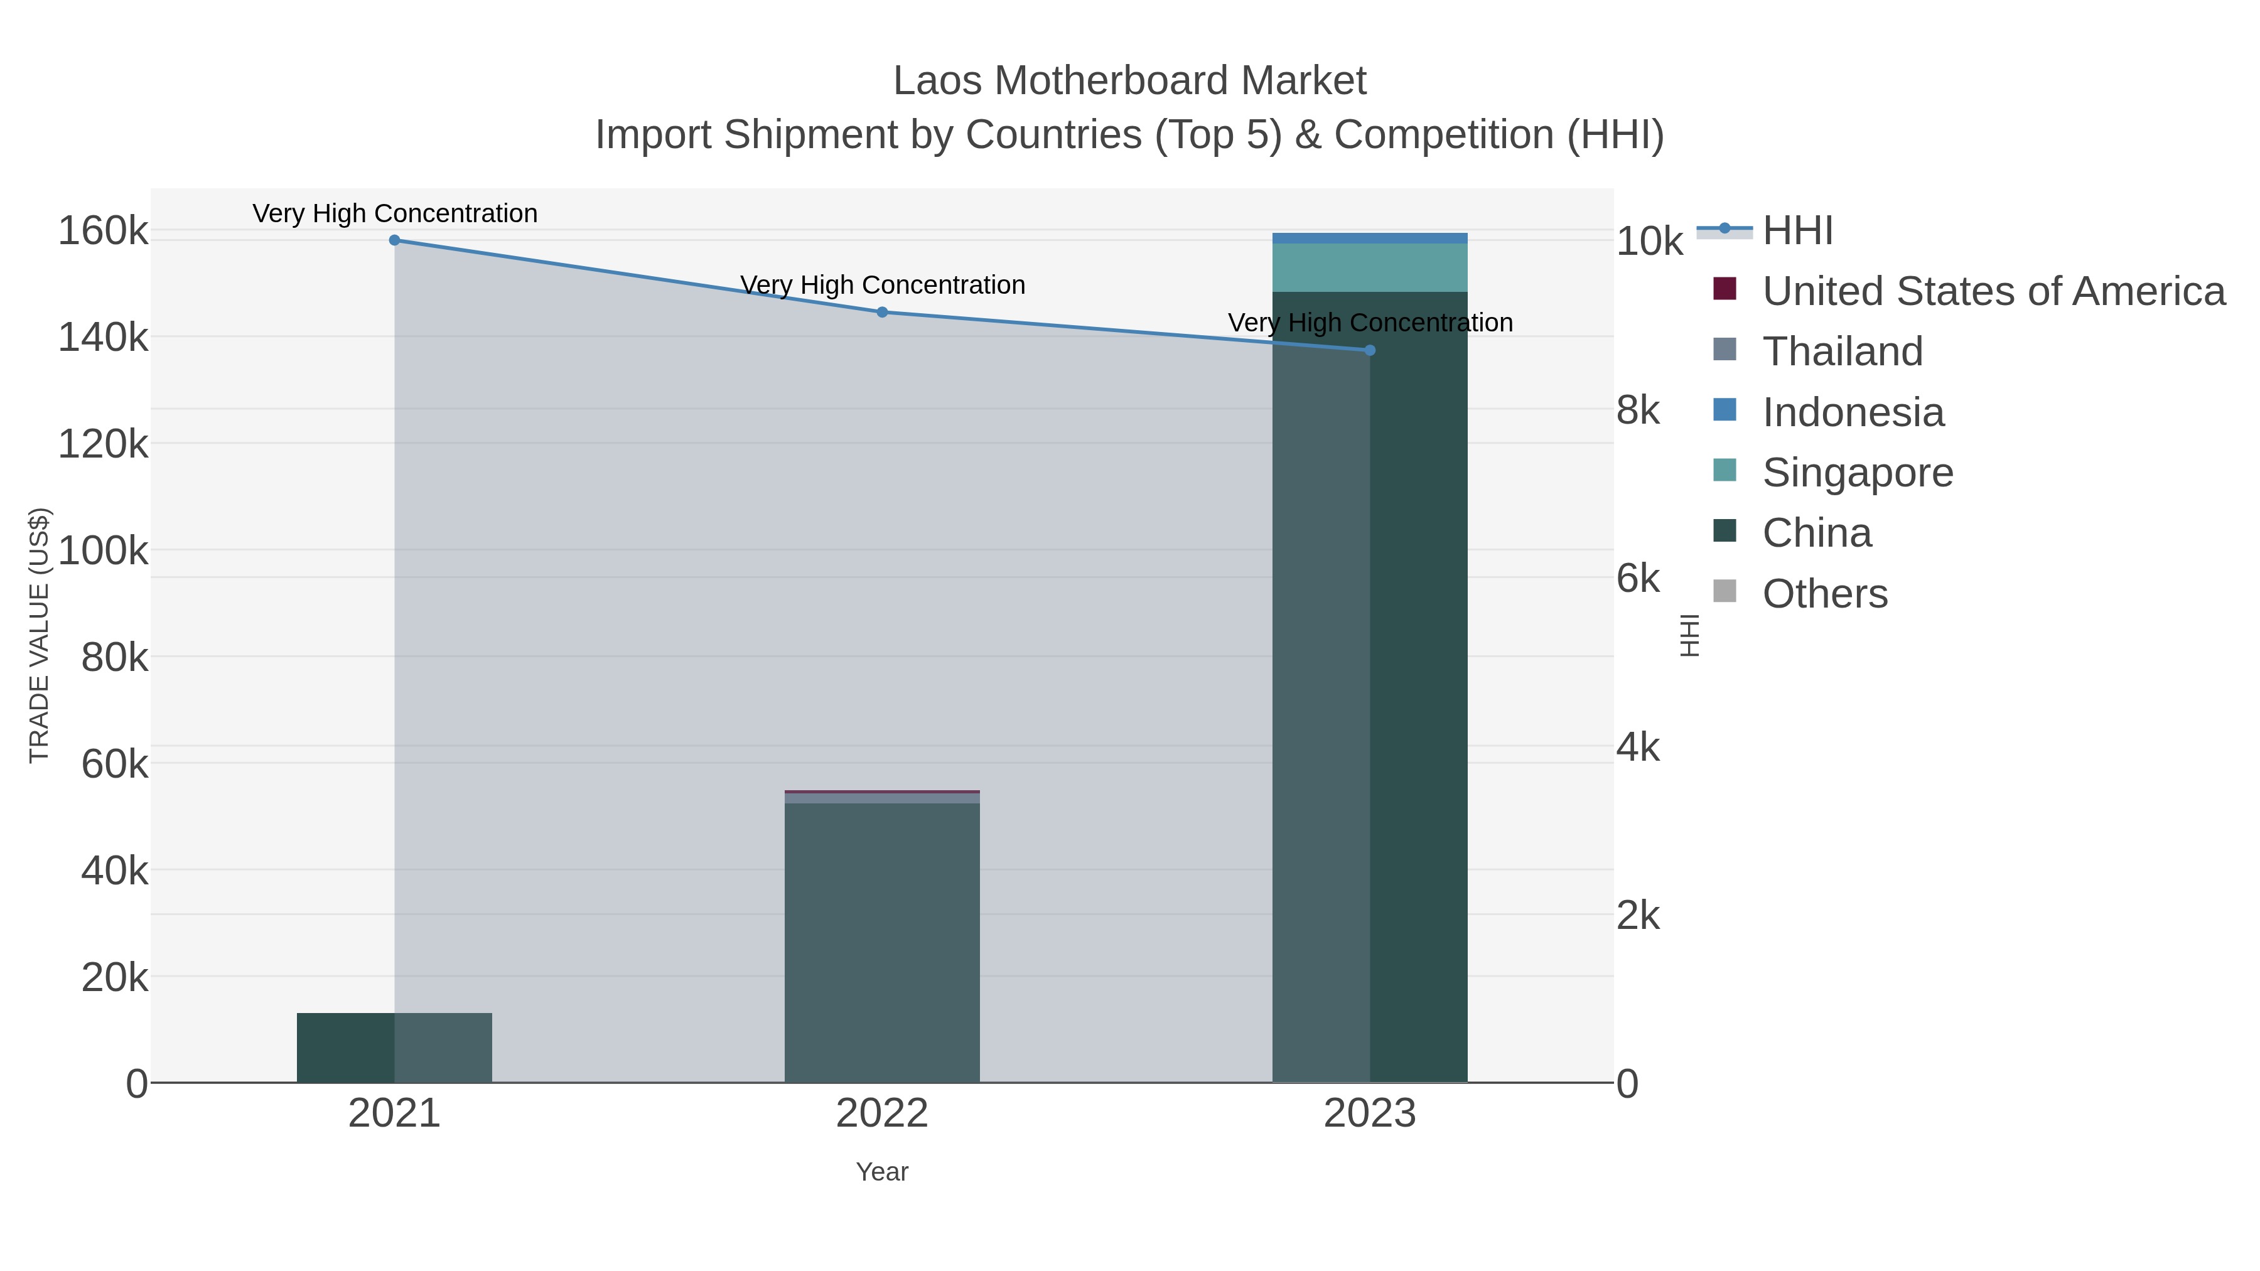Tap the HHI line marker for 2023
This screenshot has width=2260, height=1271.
click(1370, 350)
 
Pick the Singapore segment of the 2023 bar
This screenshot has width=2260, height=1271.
click(1370, 267)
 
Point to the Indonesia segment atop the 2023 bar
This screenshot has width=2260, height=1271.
click(1370, 238)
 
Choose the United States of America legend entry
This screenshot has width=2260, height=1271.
click(1993, 291)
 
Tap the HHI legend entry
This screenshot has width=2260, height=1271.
click(1797, 231)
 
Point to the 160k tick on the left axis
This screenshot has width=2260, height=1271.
click(103, 232)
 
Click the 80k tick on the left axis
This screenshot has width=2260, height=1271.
click(114, 657)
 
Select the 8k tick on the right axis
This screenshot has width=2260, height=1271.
click(1637, 410)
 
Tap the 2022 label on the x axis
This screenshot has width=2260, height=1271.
click(882, 1114)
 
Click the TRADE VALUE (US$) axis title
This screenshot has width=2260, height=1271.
click(40, 635)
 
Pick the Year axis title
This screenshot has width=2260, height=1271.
click(882, 1172)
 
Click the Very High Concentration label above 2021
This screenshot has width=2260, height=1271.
click(395, 213)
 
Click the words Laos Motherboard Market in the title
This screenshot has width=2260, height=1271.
click(1129, 81)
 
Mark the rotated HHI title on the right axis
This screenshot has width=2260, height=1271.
click(1690, 635)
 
